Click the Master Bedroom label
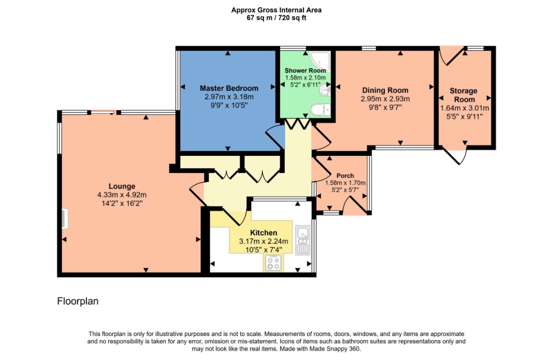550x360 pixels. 229,88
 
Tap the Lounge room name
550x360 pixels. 122,186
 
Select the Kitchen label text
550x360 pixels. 263,233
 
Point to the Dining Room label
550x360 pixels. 385,90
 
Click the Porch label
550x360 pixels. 345,176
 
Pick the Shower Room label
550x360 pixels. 305,71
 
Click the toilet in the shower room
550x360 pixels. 321,109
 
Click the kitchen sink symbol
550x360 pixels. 302,240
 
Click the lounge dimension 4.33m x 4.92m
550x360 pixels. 122,195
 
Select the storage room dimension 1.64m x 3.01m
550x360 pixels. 464,108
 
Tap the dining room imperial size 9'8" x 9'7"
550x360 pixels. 385,108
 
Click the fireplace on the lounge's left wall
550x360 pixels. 65,218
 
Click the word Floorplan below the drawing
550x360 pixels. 78,301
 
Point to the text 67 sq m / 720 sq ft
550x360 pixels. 276,18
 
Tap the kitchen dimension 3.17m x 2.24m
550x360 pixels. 263,241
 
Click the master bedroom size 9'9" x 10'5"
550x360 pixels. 229,105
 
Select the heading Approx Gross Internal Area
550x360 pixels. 276,10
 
